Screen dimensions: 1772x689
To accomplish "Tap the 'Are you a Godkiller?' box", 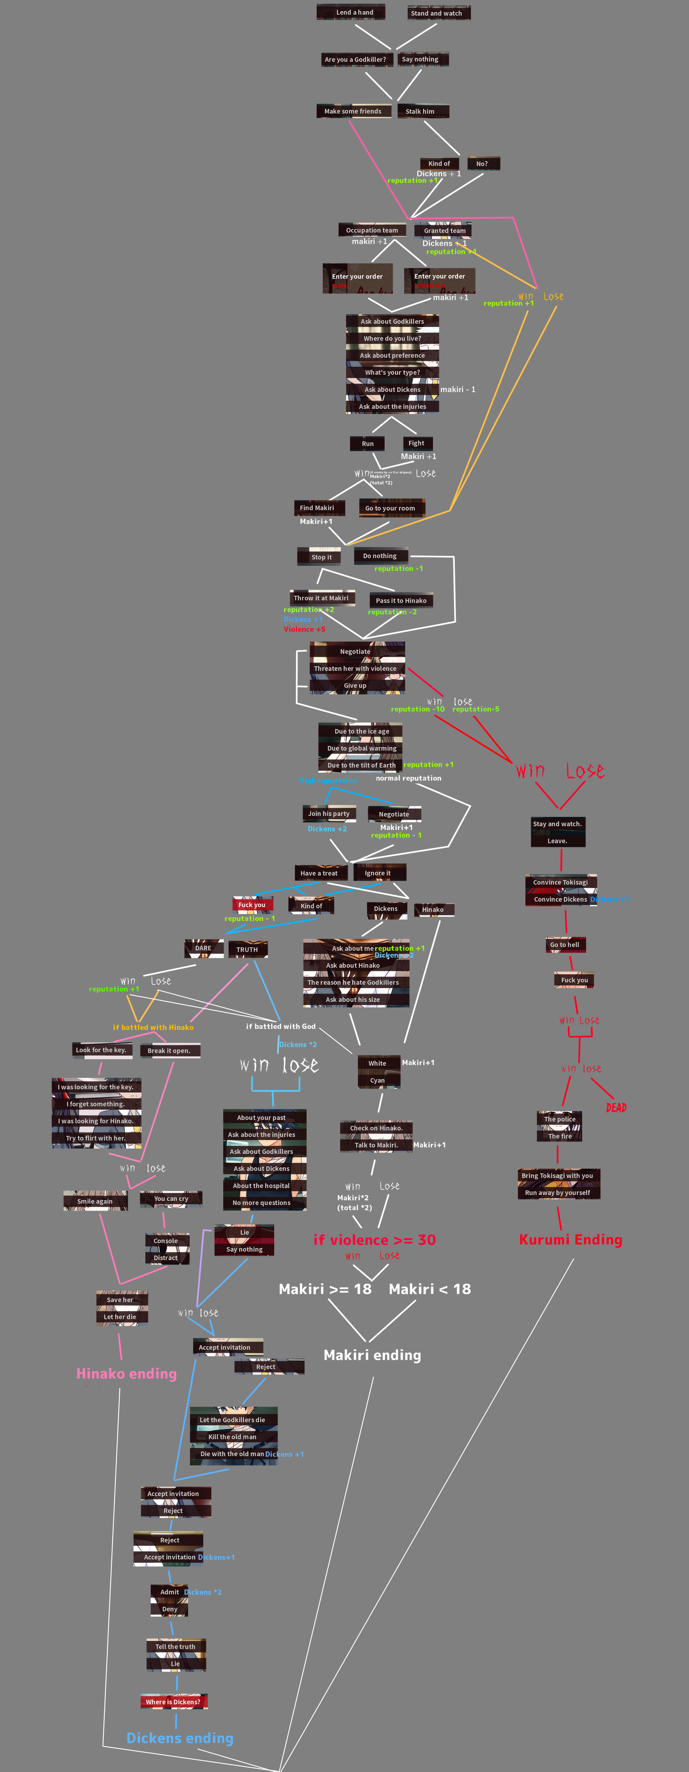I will [x=355, y=59].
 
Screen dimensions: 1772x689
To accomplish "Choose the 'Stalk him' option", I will [x=420, y=111].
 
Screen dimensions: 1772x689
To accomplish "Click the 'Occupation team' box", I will [x=372, y=230].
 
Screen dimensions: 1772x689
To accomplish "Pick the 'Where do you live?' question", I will [x=392, y=338].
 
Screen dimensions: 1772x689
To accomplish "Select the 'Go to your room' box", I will [x=390, y=508].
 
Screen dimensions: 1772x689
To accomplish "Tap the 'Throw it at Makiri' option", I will [x=321, y=598].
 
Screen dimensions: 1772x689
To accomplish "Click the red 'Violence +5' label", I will [x=304, y=629].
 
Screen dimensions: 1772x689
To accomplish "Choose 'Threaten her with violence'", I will [x=355, y=669].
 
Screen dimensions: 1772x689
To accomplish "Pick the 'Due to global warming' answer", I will [x=361, y=748].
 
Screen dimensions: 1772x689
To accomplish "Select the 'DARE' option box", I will [x=203, y=948].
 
